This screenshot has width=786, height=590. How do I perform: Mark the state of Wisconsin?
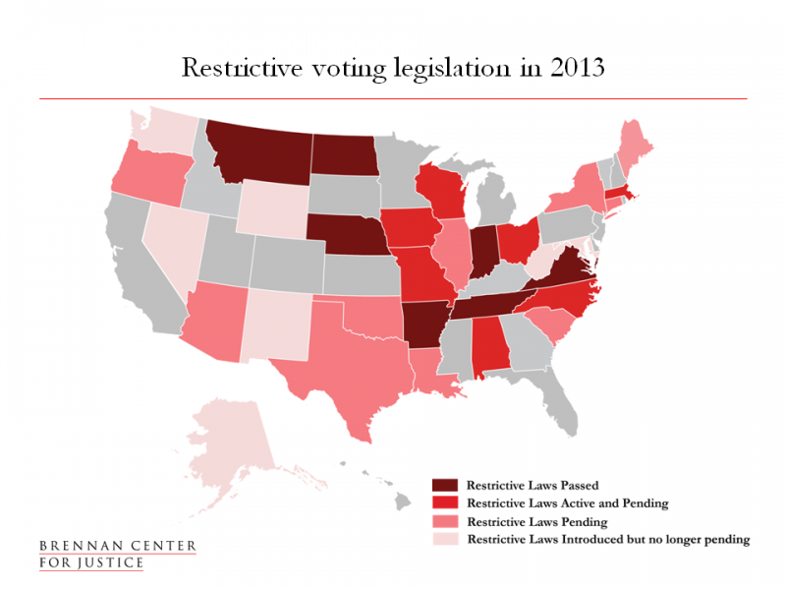[x=439, y=192]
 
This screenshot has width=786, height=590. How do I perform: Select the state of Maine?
[x=635, y=147]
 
